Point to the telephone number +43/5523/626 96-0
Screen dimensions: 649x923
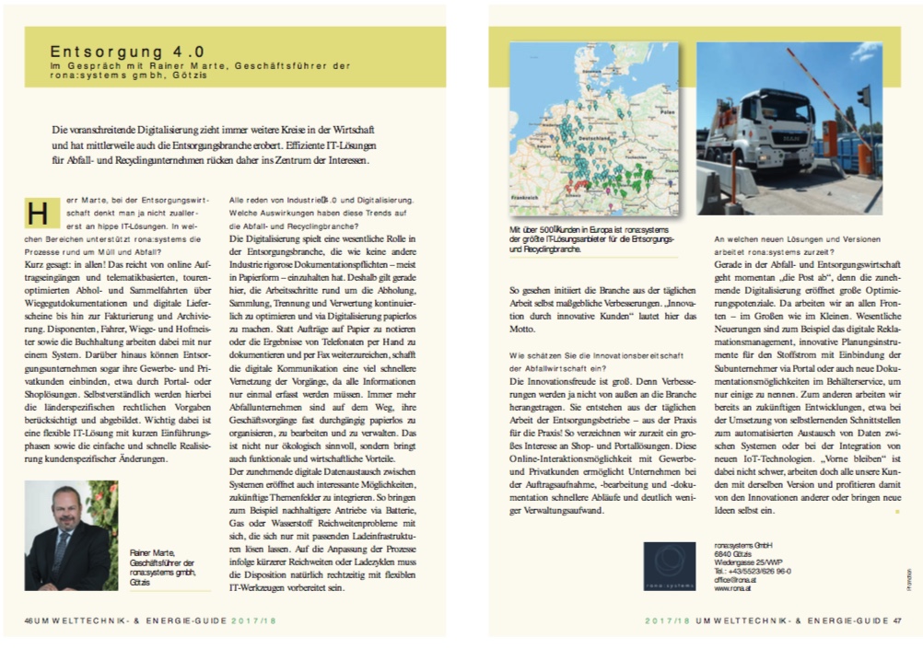[x=757, y=570]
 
